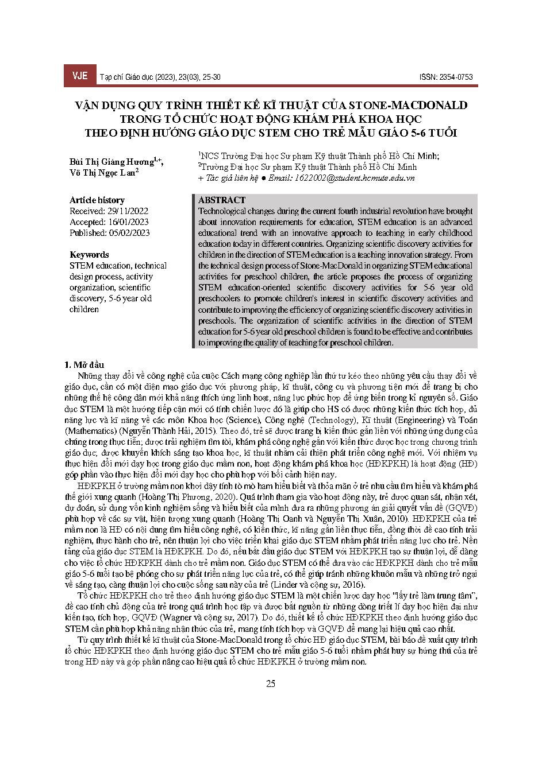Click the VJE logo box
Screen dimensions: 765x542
click(x=79, y=76)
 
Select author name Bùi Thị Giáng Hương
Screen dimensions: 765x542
click(x=112, y=161)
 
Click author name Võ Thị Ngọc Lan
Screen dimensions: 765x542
click(x=102, y=173)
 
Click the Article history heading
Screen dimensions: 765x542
click(x=97, y=200)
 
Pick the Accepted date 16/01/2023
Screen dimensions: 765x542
click(x=128, y=222)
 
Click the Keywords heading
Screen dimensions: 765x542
click(x=89, y=255)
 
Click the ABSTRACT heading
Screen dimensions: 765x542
click(x=221, y=200)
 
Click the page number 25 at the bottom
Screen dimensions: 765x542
click(x=271, y=684)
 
